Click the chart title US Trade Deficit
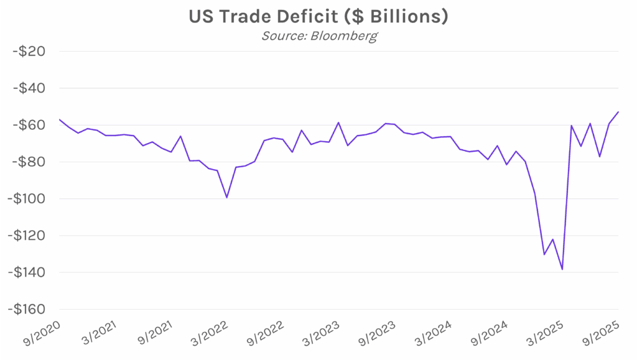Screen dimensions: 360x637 click(318, 17)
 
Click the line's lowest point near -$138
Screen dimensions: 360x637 click(562, 269)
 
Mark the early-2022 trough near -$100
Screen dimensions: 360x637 click(226, 198)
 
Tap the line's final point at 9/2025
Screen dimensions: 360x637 click(618, 112)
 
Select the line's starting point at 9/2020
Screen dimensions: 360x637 click(60, 119)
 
